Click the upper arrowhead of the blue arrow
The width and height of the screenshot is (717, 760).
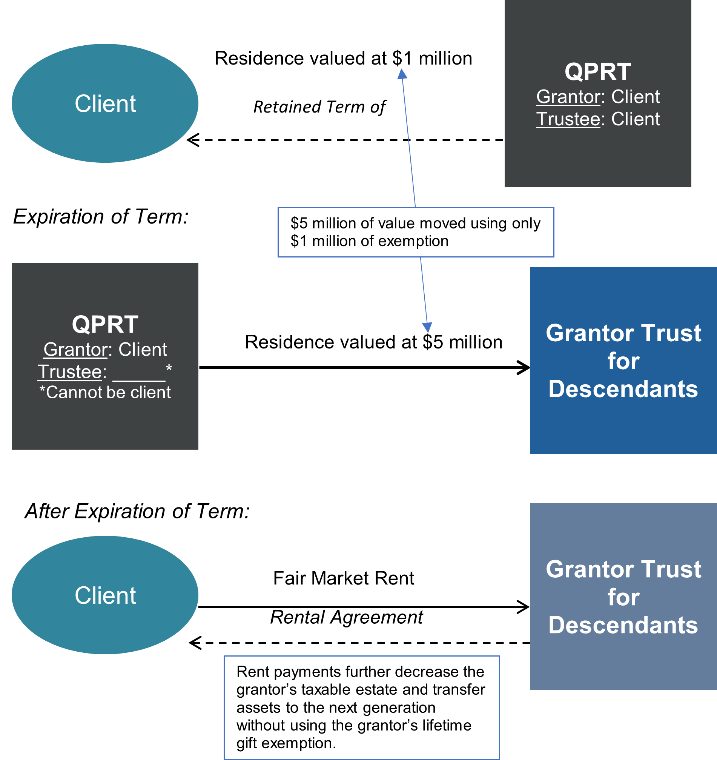402,74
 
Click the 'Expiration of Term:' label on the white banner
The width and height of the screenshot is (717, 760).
101,216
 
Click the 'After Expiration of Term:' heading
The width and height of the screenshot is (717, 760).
137,511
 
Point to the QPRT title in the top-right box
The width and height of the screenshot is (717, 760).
597,71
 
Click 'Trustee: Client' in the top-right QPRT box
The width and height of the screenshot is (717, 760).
597,119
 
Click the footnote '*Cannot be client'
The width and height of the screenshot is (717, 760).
105,392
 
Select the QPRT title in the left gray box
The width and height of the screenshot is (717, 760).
105,324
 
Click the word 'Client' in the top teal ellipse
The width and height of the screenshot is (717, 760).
105,104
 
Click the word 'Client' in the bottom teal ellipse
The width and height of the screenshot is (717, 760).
105,595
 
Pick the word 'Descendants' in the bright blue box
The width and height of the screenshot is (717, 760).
623,389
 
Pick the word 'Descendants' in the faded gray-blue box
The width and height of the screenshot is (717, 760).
623,625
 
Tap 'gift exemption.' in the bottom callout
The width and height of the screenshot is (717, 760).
286,743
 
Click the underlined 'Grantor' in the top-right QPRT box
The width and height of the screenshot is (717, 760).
568,97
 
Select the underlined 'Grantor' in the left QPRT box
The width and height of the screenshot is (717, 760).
75,350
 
